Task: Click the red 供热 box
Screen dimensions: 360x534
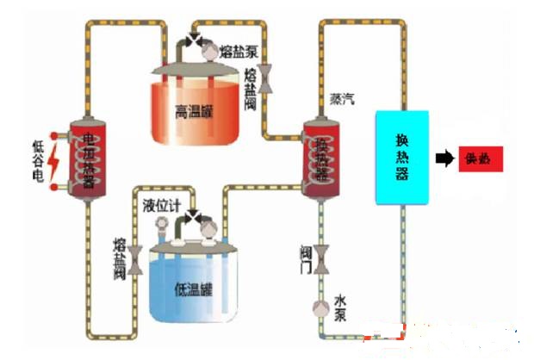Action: [480, 158]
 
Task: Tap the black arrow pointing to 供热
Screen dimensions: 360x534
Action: [444, 158]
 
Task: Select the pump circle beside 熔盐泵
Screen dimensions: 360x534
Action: [210, 52]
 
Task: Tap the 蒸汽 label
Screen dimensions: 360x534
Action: [341, 100]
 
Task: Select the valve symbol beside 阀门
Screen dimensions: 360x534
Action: [321, 257]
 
